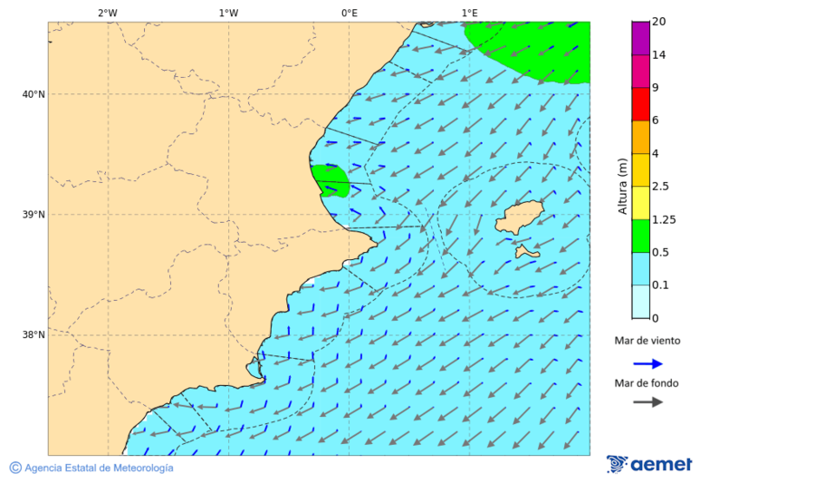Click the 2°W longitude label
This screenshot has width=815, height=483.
pyautogui.click(x=107, y=13)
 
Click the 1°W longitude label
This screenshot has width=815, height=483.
pyautogui.click(x=228, y=13)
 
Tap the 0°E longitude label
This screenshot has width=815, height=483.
pyautogui.click(x=349, y=13)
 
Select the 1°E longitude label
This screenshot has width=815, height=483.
pyautogui.click(x=469, y=13)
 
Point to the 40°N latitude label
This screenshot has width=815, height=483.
pyautogui.click(x=33, y=94)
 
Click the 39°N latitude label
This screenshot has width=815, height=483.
pyautogui.click(x=33, y=215)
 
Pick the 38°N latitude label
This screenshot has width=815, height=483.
pyautogui.click(x=33, y=335)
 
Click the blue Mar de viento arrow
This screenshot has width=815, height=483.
pyautogui.click(x=647, y=363)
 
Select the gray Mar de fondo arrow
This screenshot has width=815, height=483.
pyautogui.click(x=647, y=402)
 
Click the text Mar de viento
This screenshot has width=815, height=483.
pyautogui.click(x=647, y=341)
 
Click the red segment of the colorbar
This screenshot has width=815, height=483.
pyautogui.click(x=640, y=104)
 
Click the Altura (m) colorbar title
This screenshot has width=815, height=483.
pyautogui.click(x=622, y=186)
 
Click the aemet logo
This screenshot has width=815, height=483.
pyautogui.click(x=649, y=464)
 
